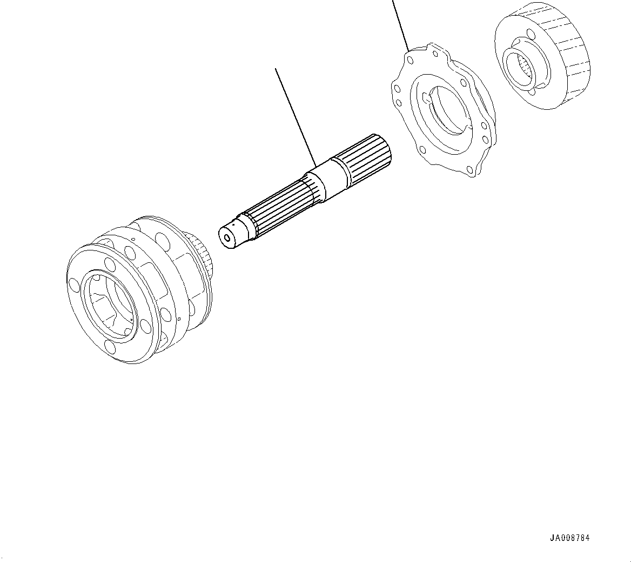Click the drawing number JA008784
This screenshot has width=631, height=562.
point(569,538)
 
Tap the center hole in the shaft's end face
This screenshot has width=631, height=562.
point(227,237)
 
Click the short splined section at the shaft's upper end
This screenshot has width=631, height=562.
point(370,157)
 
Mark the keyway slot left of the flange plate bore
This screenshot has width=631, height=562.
point(426,98)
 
